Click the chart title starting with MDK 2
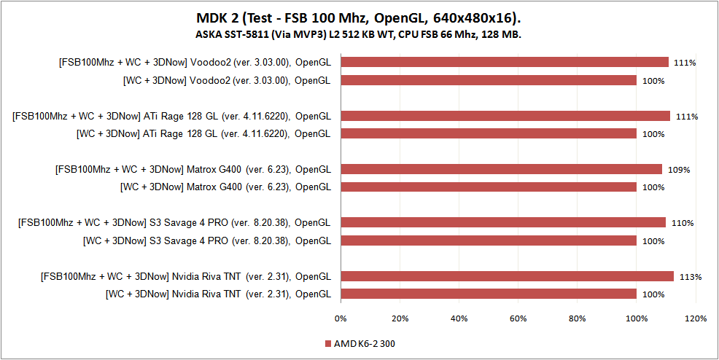click(x=359, y=17)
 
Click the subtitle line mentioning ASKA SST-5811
click(x=359, y=34)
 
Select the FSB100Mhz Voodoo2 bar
click(x=504, y=63)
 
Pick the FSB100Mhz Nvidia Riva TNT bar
click(x=507, y=276)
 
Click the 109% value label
click(x=679, y=170)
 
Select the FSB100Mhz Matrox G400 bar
click(x=501, y=169)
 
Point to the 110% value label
click(x=683, y=223)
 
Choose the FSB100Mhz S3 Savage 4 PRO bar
click(x=502, y=222)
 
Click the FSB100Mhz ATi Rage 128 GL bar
click(x=505, y=116)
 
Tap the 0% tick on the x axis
click(x=341, y=318)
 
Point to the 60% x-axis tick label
click(x=518, y=318)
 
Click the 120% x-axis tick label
click(x=696, y=318)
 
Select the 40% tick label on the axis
click(x=459, y=318)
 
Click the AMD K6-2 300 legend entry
click(x=365, y=343)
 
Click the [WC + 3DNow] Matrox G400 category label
click(x=225, y=187)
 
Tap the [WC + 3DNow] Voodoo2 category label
click(x=227, y=80)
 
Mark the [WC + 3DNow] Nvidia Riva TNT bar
click(x=488, y=294)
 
